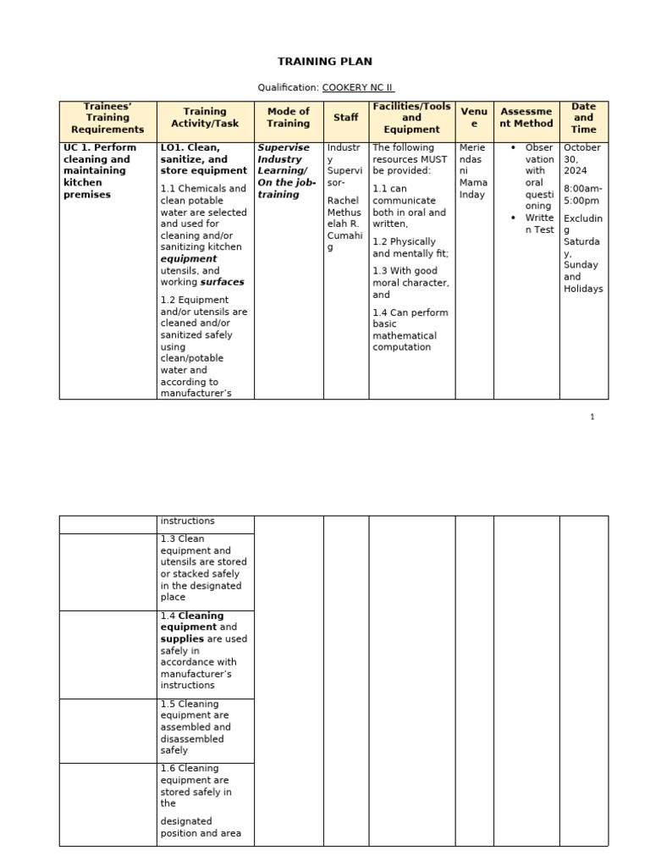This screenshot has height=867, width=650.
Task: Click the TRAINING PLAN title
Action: click(325, 62)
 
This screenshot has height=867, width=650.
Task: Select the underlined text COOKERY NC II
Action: click(358, 87)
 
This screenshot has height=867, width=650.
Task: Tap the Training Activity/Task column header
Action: click(205, 118)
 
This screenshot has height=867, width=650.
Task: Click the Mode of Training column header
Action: click(288, 118)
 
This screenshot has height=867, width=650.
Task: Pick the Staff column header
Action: click(345, 118)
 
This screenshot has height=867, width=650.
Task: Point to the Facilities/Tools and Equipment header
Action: click(411, 118)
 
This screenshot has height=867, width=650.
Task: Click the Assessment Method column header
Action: click(526, 118)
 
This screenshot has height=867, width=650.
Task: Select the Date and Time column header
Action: click(583, 118)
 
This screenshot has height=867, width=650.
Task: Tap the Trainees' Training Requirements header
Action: click(107, 118)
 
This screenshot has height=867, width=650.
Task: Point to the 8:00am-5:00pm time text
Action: click(582, 196)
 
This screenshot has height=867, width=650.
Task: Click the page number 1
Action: click(592, 417)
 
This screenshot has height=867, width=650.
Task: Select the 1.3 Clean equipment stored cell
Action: click(203, 568)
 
